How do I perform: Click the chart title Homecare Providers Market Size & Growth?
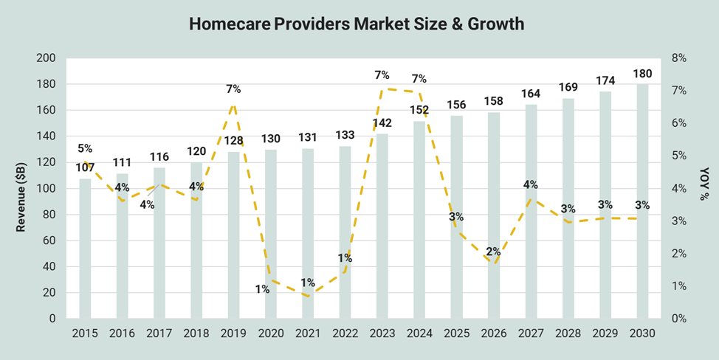357,24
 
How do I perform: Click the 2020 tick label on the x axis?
271,333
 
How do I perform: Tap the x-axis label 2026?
494,333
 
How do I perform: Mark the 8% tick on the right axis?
679,58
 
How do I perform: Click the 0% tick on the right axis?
679,319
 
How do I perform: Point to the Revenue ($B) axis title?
21,187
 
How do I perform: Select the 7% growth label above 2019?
233,89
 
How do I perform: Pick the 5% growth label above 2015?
85,148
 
